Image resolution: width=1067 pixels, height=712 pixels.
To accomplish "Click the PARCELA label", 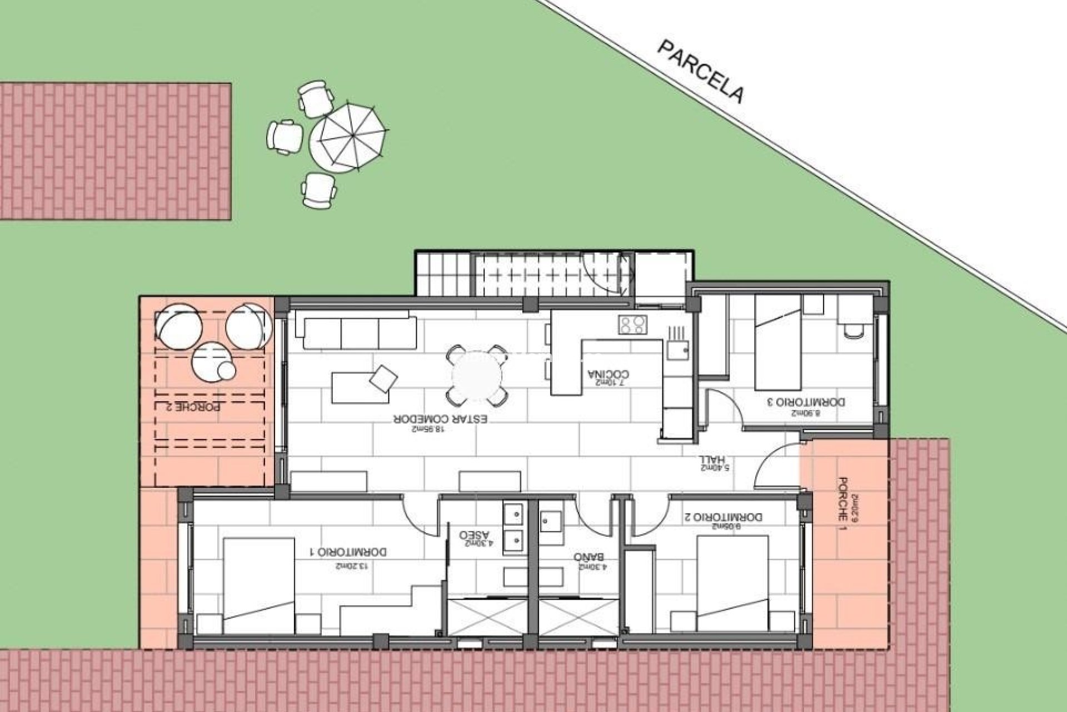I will [x=700, y=72].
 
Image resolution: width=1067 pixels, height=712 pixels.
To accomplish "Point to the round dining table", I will [x=477, y=376].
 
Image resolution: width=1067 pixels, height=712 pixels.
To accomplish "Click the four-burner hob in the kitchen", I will [x=633, y=325].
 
